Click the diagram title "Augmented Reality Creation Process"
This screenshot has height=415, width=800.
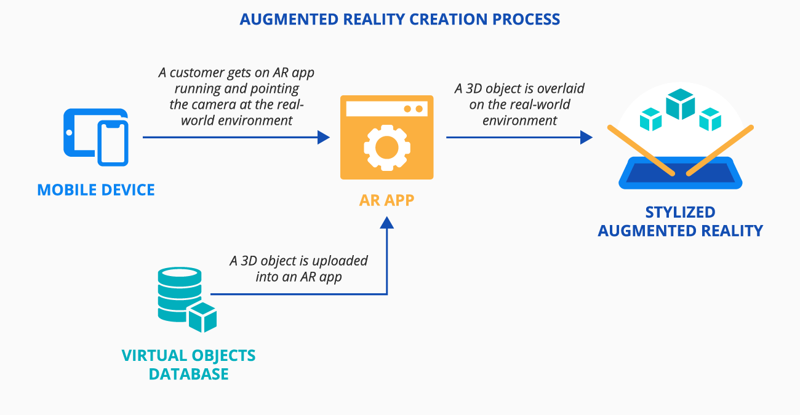[400, 19]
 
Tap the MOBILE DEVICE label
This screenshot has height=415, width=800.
[96, 189]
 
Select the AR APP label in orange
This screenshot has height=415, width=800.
[386, 200]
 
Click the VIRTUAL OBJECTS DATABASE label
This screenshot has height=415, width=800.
[188, 365]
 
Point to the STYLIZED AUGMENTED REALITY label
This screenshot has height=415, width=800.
[680, 222]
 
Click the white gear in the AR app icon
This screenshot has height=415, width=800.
[386, 146]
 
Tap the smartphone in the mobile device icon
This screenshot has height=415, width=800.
[112, 143]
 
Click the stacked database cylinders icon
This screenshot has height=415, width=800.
[178, 293]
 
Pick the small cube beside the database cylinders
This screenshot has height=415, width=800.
[202, 317]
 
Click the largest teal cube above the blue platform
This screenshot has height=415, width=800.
[681, 105]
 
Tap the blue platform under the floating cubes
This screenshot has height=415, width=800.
[680, 172]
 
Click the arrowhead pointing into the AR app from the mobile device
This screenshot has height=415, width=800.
[324, 137]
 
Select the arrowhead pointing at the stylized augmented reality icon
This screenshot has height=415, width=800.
[586, 137]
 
